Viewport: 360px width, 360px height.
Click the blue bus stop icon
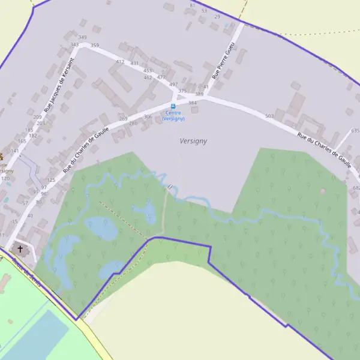pyautogui.click(x=173, y=106)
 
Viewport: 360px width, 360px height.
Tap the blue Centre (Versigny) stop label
pyautogui.click(x=173, y=115)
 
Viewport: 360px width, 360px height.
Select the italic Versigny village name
pyautogui.click(x=193, y=141)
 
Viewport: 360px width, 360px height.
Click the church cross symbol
pyautogui.click(x=20, y=248)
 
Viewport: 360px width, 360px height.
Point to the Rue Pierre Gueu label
pyautogui.click(x=223, y=60)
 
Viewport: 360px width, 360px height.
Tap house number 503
pyautogui.click(x=269, y=116)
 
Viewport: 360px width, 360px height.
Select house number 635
pyautogui.click(x=355, y=130)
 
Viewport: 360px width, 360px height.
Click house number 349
pyautogui.click(x=82, y=38)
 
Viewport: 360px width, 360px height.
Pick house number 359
pyautogui.click(x=95, y=45)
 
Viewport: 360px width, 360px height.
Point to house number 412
pyautogui.click(x=120, y=62)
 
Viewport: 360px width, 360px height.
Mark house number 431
pyautogui.click(x=134, y=63)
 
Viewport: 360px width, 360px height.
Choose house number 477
pyautogui.click(x=161, y=77)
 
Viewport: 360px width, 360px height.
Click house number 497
pyautogui.click(x=173, y=85)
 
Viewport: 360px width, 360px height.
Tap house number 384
pyautogui.click(x=193, y=103)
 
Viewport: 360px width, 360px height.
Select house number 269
pyautogui.click(x=123, y=119)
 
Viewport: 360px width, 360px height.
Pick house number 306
pyautogui.click(x=148, y=116)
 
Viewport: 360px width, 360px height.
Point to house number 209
pyautogui.click(x=37, y=117)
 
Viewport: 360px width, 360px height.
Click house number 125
pyautogui.click(x=51, y=180)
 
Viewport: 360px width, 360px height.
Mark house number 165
pyautogui.click(x=22, y=141)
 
